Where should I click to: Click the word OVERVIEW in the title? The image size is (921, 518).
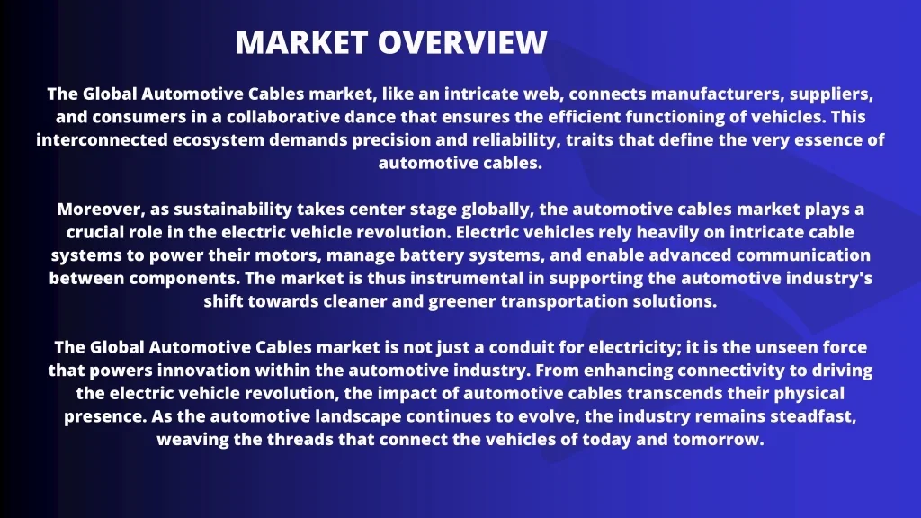[x=462, y=42]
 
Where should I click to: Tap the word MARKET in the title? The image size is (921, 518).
[x=302, y=42]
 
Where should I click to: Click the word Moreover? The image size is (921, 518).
[x=101, y=210]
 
